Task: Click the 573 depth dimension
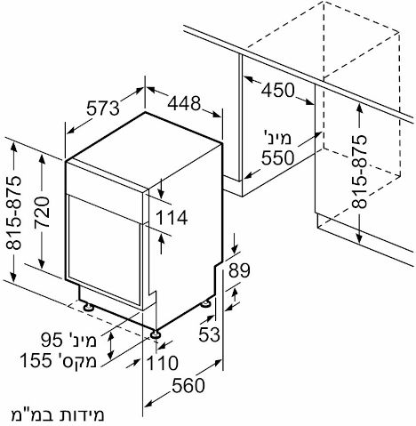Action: click(103, 108)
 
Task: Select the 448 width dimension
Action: click(184, 103)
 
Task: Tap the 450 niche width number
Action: click(277, 90)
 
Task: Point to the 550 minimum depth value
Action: click(277, 157)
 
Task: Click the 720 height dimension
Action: click(41, 213)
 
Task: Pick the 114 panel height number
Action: click(172, 217)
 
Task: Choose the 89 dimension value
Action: click(239, 270)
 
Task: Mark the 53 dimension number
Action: click(209, 334)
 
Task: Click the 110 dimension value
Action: click(163, 363)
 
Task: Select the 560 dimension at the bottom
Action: click(188, 386)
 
